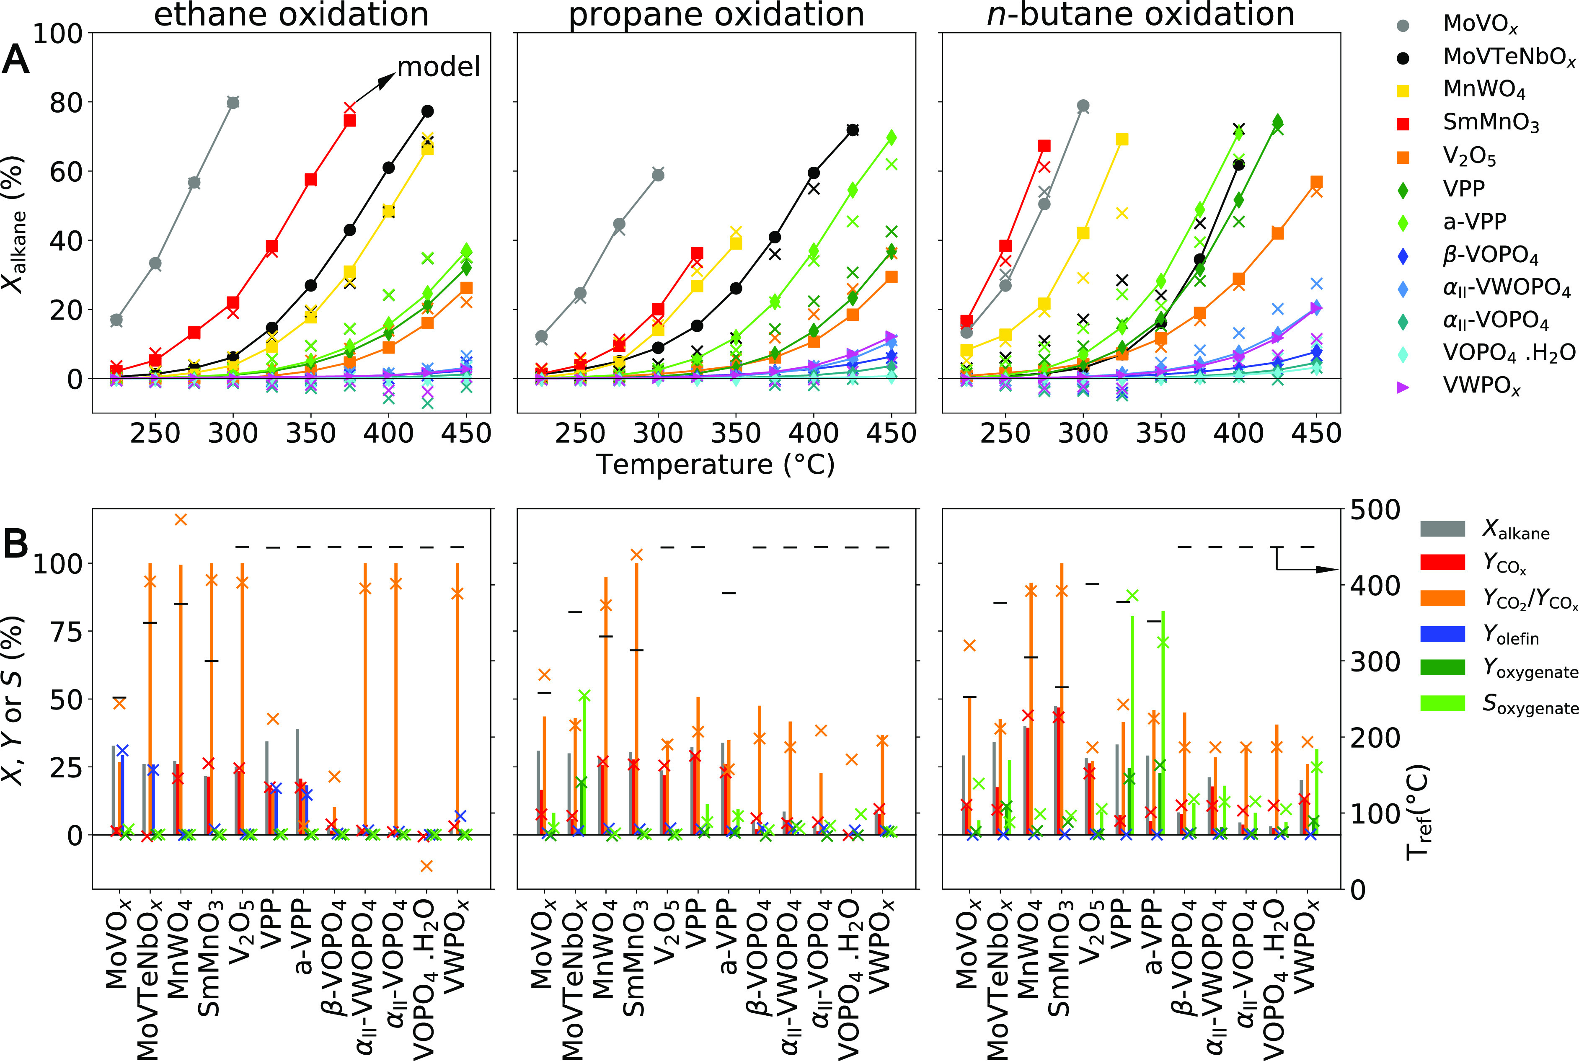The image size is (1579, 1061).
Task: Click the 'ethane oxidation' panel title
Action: [x=291, y=15]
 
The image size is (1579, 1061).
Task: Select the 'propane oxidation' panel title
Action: [x=716, y=15]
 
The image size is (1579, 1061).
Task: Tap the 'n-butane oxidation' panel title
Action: [x=1141, y=15]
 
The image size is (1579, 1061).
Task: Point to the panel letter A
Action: [x=16, y=62]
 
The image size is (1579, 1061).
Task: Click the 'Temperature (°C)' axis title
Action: [x=716, y=464]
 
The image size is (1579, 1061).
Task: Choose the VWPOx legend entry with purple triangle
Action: [x=1482, y=387]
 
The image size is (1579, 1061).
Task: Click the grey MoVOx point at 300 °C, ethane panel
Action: [x=233, y=102]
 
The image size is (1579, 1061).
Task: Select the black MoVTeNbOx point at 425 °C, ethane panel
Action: [x=428, y=111]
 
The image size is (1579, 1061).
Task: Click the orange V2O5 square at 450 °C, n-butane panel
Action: [x=1316, y=182]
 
